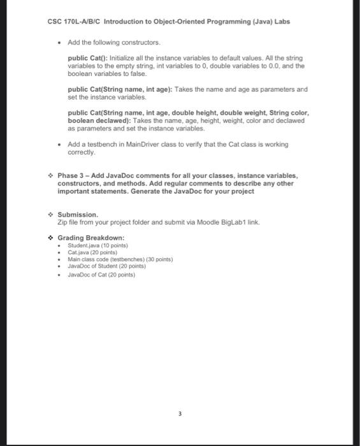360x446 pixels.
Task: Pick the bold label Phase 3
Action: tap(72, 175)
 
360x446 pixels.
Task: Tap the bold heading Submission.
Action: tap(78, 214)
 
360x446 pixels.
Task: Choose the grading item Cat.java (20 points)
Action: tap(93, 252)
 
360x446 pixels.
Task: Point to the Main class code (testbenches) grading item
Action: tap(120, 260)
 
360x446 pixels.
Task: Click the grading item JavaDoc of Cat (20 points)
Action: tap(101, 275)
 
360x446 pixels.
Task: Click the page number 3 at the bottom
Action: tap(180, 415)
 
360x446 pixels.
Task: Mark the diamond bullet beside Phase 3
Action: tap(51, 175)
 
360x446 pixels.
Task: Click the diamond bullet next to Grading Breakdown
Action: tap(51, 238)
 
